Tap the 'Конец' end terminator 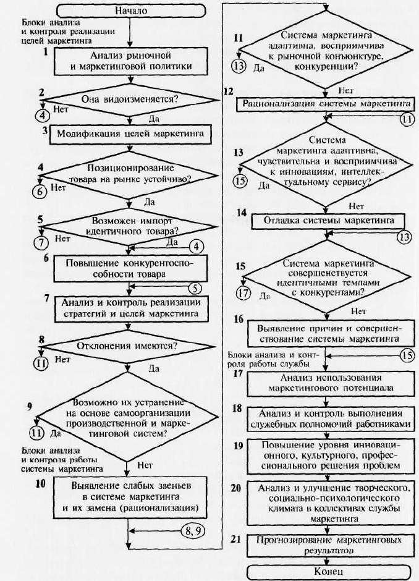(x=329, y=571)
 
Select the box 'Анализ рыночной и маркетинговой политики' (x=131, y=61)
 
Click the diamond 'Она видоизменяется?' (x=129, y=100)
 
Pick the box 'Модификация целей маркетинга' (x=130, y=134)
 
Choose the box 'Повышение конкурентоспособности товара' (x=130, y=269)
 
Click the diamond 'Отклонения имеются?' (x=128, y=347)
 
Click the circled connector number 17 (x=243, y=293)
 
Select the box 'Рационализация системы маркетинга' (x=326, y=104)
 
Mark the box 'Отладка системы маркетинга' (x=328, y=221)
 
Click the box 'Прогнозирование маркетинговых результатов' (x=331, y=545)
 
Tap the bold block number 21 (x=236, y=539)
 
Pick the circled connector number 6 (x=41, y=192)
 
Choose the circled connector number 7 (x=41, y=243)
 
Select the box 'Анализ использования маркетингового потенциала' (x=331, y=383)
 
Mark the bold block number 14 (x=242, y=213)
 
